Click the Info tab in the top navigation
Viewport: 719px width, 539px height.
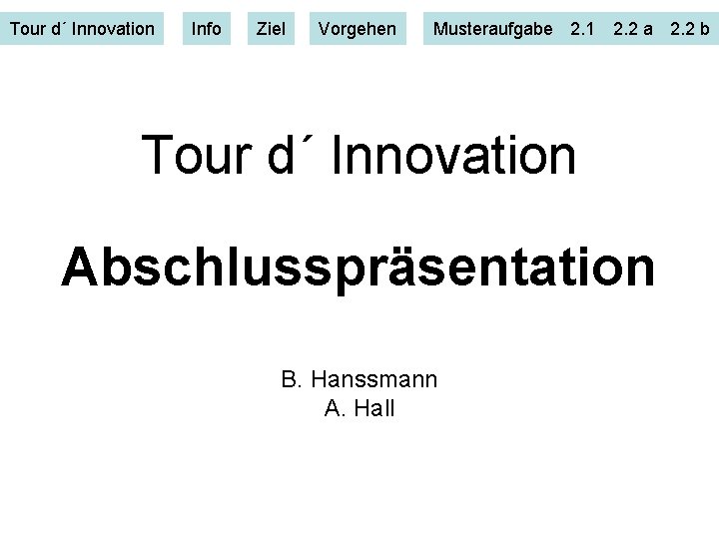206,29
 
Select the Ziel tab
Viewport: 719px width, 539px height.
270,29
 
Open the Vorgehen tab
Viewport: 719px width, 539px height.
357,29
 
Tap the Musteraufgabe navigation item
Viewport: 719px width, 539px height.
492,29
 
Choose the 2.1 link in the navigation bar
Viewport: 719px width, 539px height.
582,29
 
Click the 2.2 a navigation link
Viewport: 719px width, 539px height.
633,29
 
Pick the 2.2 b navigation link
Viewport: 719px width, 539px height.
690,29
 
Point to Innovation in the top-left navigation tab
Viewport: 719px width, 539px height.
113,29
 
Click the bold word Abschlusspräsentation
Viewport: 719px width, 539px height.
359,268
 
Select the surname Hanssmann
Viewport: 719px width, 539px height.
374,379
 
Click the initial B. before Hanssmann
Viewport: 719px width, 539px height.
292,379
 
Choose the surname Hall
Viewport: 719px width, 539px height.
373,408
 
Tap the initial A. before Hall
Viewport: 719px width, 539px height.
335,408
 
